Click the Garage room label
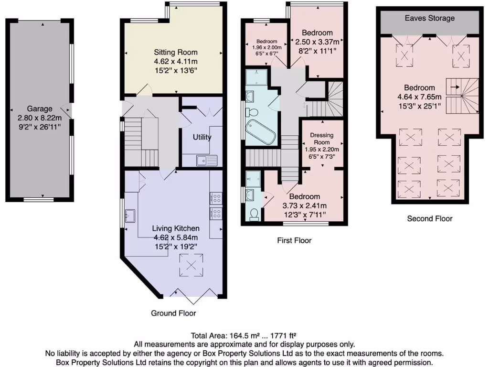click(x=40, y=108)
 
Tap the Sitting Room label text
click(x=175, y=53)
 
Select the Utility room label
click(x=202, y=137)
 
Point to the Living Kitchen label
click(x=175, y=228)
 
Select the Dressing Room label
click(x=321, y=139)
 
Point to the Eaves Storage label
click(x=430, y=18)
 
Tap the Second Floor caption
click(x=429, y=218)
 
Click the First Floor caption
click(x=294, y=240)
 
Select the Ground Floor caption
click(x=173, y=313)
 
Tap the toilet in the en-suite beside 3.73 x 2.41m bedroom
click(x=254, y=213)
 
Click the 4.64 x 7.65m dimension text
click(x=420, y=97)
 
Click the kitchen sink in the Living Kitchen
click(x=130, y=214)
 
